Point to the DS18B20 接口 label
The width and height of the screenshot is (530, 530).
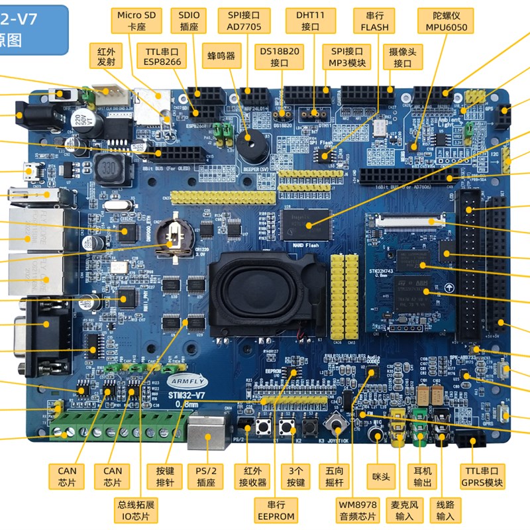tap(280, 57)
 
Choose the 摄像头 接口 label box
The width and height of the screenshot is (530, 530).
tap(402, 57)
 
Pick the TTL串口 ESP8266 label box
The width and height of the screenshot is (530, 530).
tap(162, 57)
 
